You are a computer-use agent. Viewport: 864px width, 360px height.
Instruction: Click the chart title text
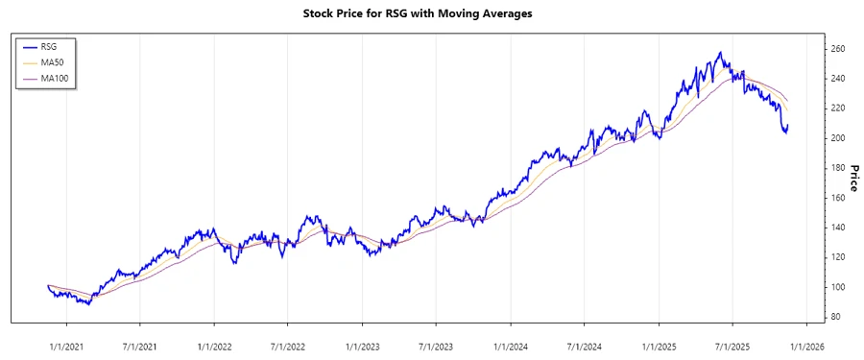tap(431, 14)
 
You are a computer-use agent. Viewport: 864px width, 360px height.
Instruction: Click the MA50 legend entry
tap(54, 61)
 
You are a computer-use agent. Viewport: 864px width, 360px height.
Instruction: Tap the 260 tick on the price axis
tap(837, 49)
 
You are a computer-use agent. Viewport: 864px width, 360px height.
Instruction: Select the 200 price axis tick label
tap(837, 138)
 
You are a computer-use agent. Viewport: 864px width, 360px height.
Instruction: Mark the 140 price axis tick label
tap(837, 228)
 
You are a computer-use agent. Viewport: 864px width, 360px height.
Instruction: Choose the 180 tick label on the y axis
tap(837, 168)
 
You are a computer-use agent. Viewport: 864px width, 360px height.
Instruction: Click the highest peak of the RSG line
tap(720, 53)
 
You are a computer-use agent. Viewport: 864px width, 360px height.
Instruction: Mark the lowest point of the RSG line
tap(88, 303)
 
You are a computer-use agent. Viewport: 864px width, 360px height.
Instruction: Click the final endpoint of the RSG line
tap(788, 126)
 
